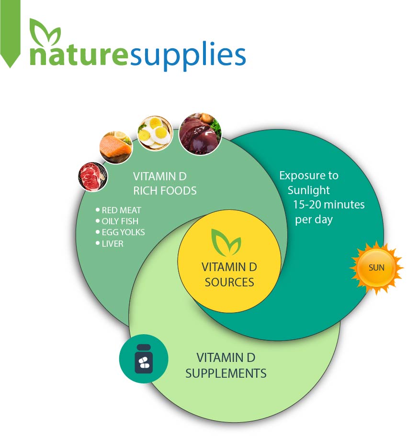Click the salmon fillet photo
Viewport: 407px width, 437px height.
[116, 147]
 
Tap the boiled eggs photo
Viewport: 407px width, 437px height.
[155, 133]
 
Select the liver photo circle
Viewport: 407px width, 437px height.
[200, 134]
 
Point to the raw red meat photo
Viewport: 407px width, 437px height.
[92, 177]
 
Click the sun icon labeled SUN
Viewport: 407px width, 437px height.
[376, 268]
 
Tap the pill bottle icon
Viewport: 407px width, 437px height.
[144, 359]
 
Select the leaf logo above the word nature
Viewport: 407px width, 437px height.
[45, 33]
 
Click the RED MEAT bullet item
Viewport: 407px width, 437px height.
[118, 210]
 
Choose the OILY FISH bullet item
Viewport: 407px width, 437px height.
[117, 221]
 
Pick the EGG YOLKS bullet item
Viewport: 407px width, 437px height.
[120, 232]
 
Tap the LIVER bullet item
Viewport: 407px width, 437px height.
[110, 244]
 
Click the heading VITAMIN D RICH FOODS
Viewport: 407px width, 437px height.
[165, 184]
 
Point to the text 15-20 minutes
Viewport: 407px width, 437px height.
[329, 205]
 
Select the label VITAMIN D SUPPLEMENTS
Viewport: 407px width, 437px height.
[226, 366]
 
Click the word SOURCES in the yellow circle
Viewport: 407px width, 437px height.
[229, 282]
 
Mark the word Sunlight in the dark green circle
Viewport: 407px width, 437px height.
[308, 190]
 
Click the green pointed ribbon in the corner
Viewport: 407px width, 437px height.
[11, 33]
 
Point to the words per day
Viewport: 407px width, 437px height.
[314, 220]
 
